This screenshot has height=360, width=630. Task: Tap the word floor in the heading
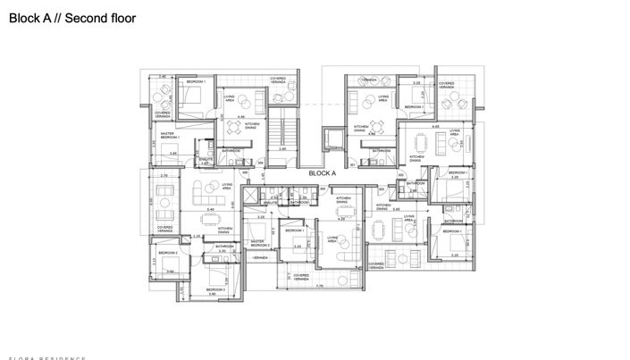tap(121, 17)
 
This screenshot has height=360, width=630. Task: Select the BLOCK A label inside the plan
tap(321, 173)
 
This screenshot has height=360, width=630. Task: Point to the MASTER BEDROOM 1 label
tap(171, 136)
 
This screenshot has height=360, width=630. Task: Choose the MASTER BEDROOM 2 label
tap(260, 242)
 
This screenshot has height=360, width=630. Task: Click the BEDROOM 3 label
tap(215, 289)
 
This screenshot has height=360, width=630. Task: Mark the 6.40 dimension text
tap(211, 209)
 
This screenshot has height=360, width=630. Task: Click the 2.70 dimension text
tap(164, 176)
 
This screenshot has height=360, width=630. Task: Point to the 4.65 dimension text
tap(435, 127)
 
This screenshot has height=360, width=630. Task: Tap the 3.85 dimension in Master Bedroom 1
tap(173, 154)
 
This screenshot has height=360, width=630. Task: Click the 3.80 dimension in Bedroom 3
tap(213, 295)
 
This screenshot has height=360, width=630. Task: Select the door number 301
tap(354, 164)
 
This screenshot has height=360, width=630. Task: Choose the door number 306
tap(261, 164)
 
